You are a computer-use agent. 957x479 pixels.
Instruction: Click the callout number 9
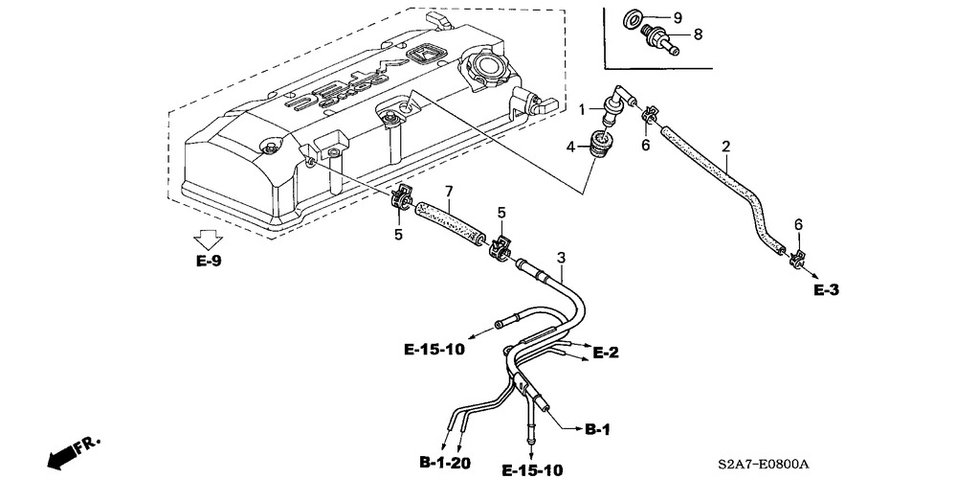678,17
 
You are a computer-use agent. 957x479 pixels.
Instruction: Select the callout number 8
698,34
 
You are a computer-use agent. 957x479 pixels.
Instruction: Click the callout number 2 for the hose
725,147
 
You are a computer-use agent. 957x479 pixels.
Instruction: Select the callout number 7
449,192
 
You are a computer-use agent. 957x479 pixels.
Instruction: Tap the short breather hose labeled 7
450,223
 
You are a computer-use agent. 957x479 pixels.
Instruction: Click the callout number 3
561,257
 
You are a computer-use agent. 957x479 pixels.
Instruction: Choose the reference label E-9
209,262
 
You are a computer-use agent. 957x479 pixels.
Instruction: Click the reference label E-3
827,290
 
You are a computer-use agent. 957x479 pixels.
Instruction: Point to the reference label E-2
606,353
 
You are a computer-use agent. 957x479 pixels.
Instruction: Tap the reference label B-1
597,430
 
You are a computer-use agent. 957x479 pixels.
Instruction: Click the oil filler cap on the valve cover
485,65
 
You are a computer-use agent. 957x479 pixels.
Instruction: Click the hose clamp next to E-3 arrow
794,259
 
